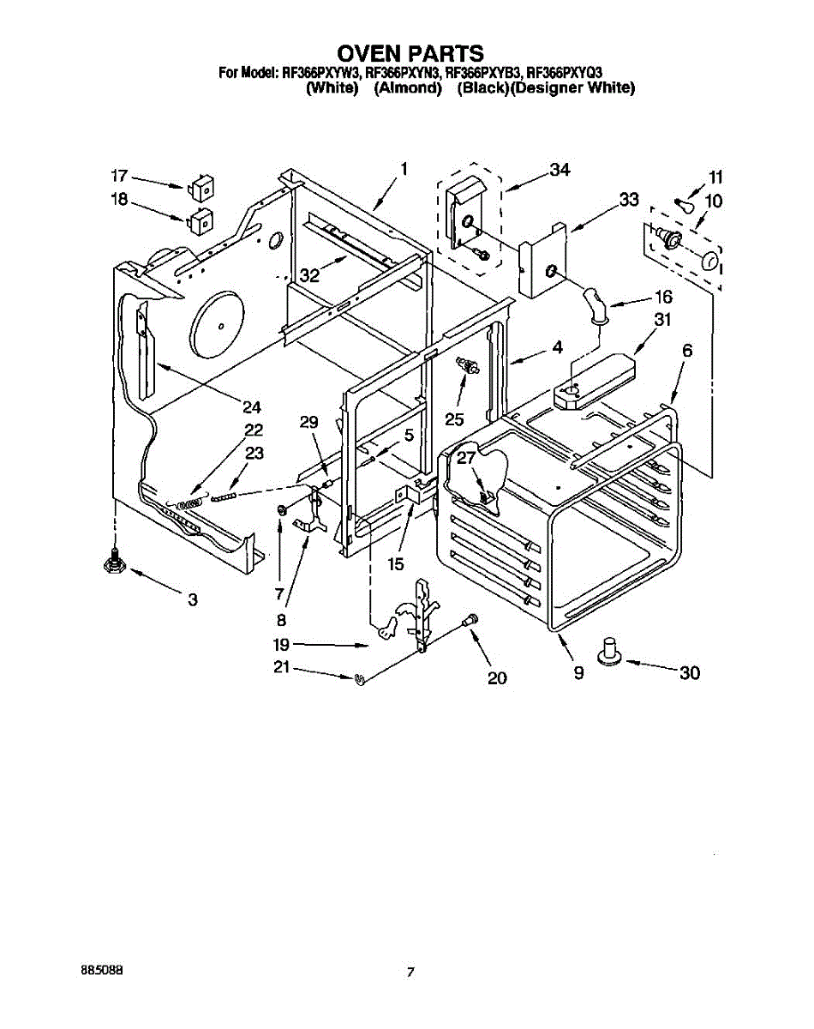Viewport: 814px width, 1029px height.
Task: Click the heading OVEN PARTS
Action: [410, 54]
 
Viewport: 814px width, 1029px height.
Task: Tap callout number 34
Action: [560, 171]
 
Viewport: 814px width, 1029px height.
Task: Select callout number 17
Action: [119, 177]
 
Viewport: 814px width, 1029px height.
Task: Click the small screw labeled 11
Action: [680, 205]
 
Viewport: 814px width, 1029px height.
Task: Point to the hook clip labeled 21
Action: [361, 679]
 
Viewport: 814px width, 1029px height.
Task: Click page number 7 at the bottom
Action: [411, 972]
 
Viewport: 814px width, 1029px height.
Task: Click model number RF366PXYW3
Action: [320, 74]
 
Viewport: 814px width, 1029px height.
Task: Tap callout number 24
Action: [251, 406]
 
